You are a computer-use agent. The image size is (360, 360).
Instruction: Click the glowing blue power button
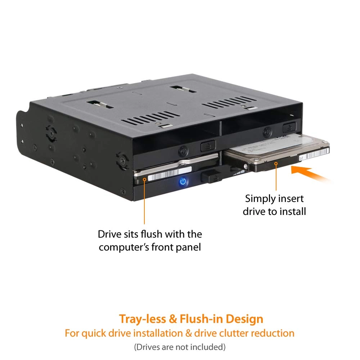(x=183, y=182)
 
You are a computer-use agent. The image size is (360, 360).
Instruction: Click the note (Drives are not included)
(x=180, y=347)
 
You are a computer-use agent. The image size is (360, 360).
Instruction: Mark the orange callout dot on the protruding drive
(x=276, y=164)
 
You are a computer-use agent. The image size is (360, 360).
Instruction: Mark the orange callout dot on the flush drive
(x=145, y=179)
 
